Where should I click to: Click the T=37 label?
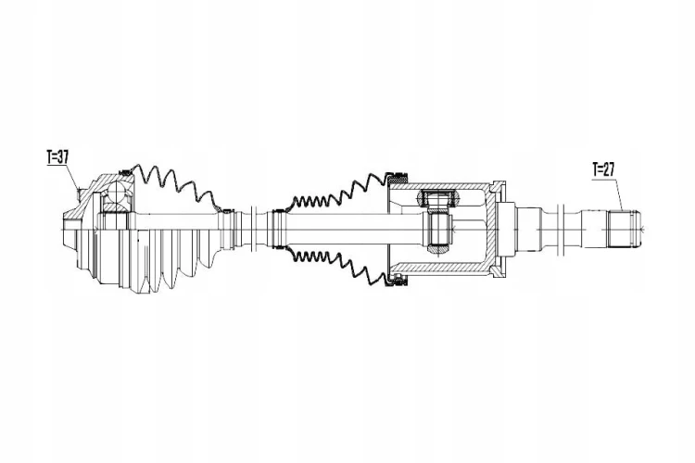(57, 156)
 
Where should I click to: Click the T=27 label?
(603, 169)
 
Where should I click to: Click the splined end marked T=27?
(624, 231)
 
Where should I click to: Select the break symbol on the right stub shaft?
(560, 229)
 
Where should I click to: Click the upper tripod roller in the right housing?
(439, 198)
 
